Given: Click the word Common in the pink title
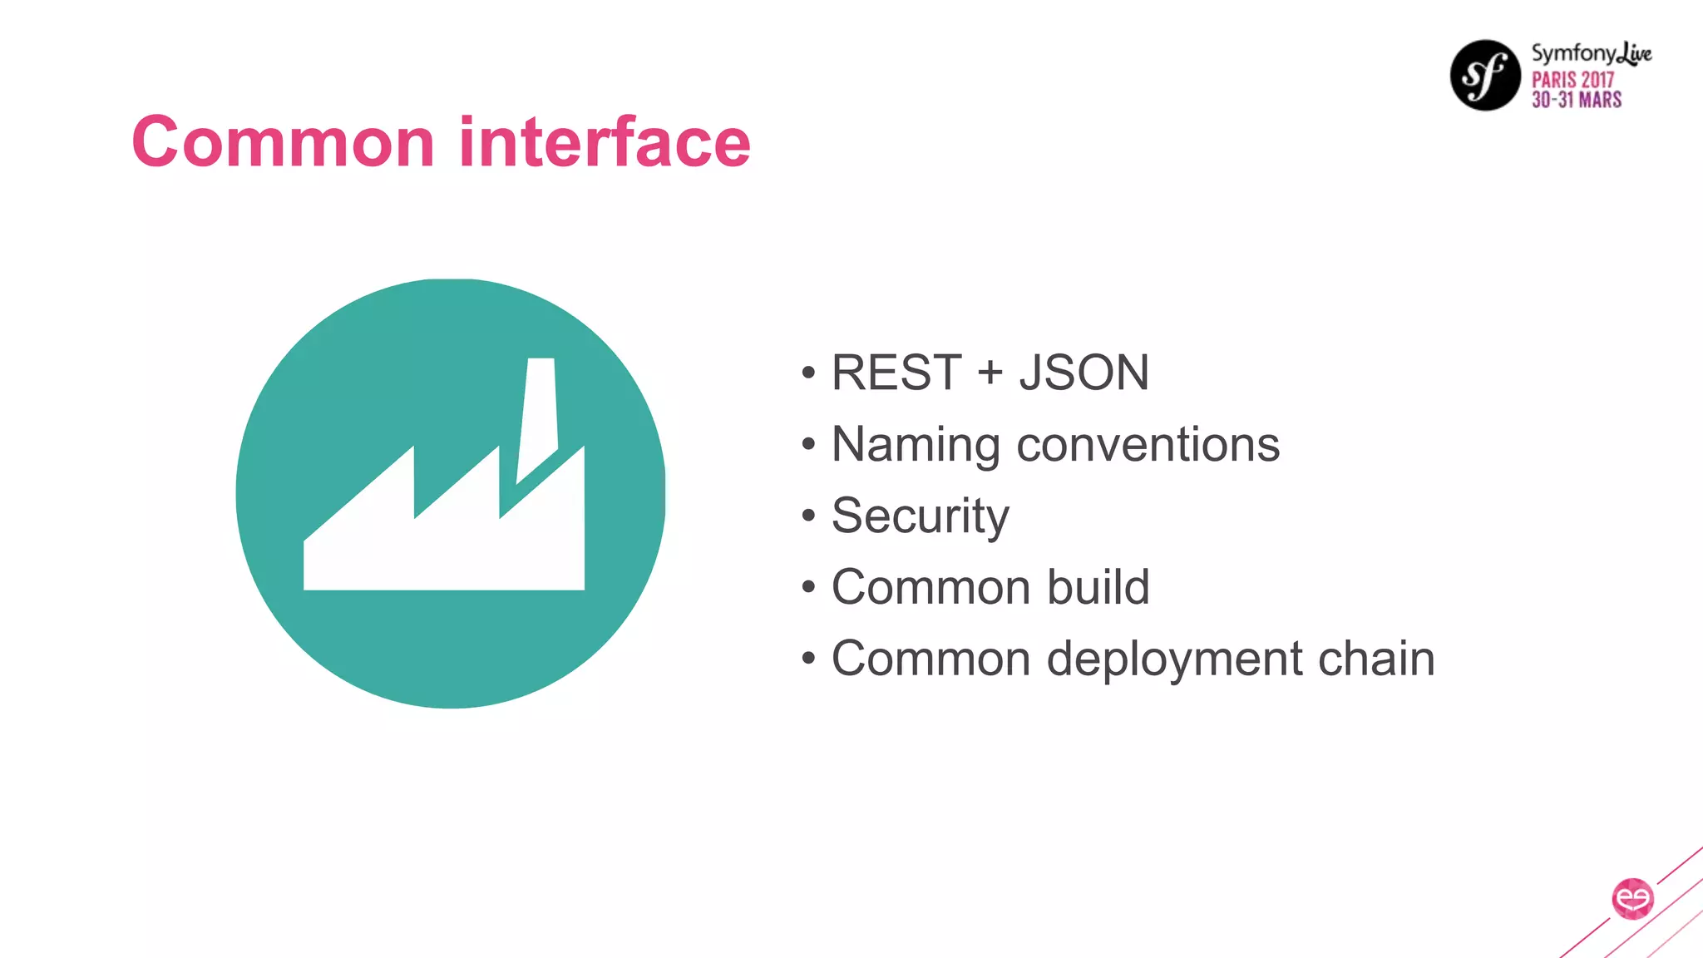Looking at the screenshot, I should tap(283, 142).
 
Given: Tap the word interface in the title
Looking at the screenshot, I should tap(605, 142).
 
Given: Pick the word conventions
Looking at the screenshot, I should tap(1148, 445).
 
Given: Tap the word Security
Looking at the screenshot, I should tap(920, 516).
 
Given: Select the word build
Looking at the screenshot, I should tap(1098, 587).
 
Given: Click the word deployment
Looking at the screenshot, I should tap(1175, 659).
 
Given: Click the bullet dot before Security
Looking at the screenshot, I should tap(808, 516).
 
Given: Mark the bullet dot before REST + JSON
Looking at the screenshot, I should tap(808, 373).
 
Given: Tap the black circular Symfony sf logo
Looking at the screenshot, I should tap(1485, 75).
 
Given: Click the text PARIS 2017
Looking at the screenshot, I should tap(1572, 80).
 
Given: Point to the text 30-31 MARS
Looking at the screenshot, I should tap(1577, 100).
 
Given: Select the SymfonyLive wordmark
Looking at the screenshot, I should tap(1591, 54).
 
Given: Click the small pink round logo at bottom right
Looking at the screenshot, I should tap(1632, 898).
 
